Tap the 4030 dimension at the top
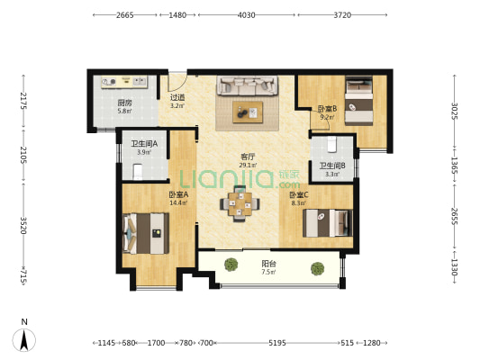tap(247, 15)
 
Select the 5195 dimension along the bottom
tap(277, 343)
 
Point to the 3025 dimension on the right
tap(455, 112)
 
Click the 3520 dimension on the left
tap(23, 225)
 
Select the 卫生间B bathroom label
tap(332, 166)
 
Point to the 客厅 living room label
tap(248, 157)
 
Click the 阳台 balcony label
tap(268, 264)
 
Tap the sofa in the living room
tap(248, 85)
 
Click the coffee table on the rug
tap(248, 112)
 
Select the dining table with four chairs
tap(240, 203)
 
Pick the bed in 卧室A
tap(146, 233)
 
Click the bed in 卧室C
tap(328, 223)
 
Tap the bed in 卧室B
tap(359, 101)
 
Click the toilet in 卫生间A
tap(138, 172)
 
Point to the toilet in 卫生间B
tap(331, 144)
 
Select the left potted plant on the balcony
tap(231, 265)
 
